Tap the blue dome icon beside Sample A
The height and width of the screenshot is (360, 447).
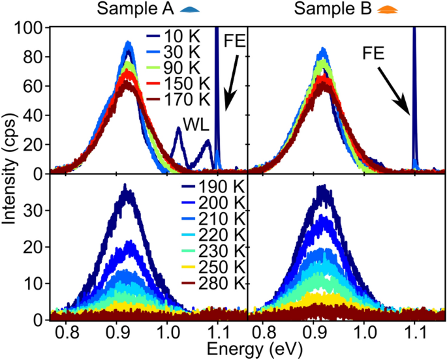(x=171, y=10)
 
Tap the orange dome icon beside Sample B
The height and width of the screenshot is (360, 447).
(x=369, y=10)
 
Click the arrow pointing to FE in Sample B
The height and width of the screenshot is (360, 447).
(x=397, y=88)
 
